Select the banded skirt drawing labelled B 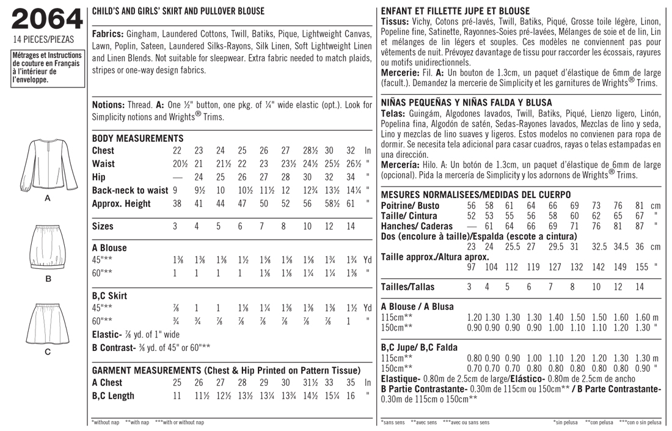click(47, 249)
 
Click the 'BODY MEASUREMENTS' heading click(137, 138)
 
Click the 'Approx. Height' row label click(121, 204)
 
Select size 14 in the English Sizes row click(351, 226)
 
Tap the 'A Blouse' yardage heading click(109, 248)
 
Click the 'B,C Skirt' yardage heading click(109, 296)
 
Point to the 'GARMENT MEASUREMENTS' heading click(225, 370)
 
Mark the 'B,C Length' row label click(113, 396)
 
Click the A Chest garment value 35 click(351, 383)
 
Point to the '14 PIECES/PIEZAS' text click(43, 40)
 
